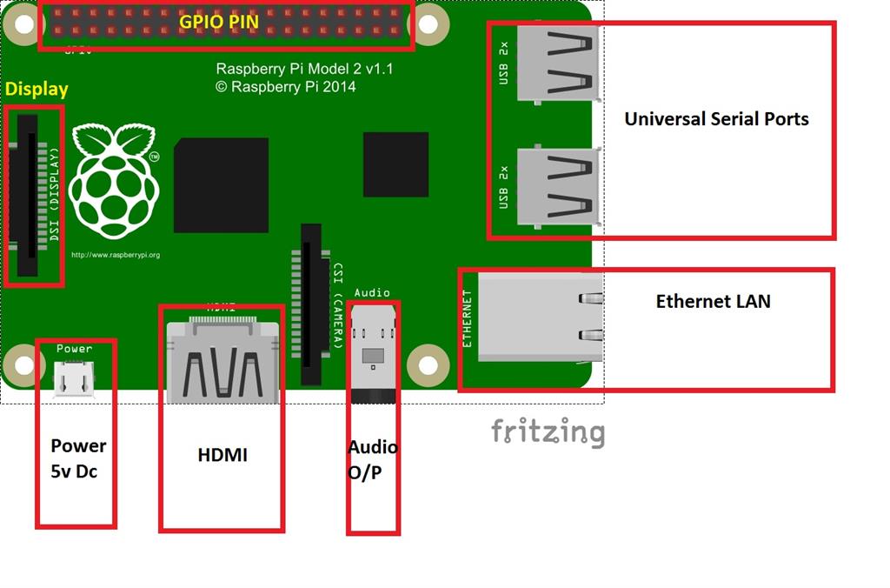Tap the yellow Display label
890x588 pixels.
(37, 90)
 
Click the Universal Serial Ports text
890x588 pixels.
(716, 119)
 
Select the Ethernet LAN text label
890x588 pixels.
(713, 302)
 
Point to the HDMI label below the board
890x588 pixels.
(222, 454)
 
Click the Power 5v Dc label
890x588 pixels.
(77, 458)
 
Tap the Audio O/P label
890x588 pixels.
(373, 458)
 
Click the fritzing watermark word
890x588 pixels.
(547, 432)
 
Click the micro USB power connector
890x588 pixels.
(73, 379)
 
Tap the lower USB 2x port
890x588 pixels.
(557, 185)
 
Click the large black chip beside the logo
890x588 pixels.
(221, 185)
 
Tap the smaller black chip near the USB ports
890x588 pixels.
(395, 164)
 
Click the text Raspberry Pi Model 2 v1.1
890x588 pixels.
(304, 69)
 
